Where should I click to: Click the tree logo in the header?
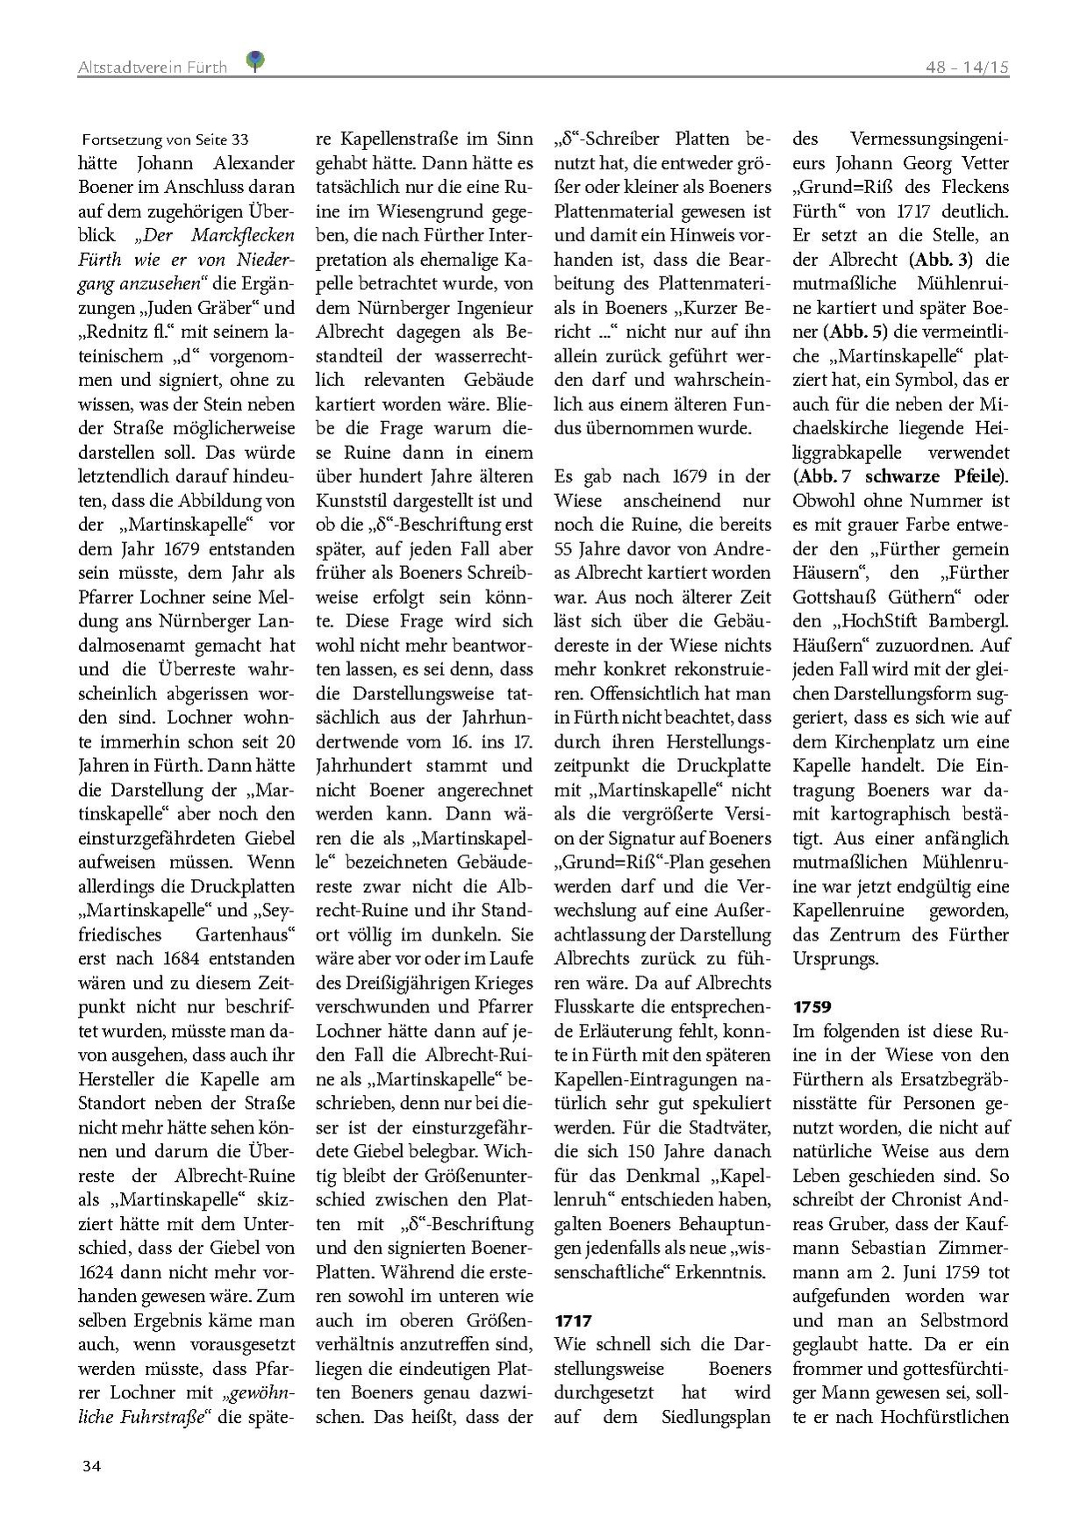[x=255, y=61]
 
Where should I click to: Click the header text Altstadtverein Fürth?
[x=152, y=67]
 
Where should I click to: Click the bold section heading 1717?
[x=574, y=1320]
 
